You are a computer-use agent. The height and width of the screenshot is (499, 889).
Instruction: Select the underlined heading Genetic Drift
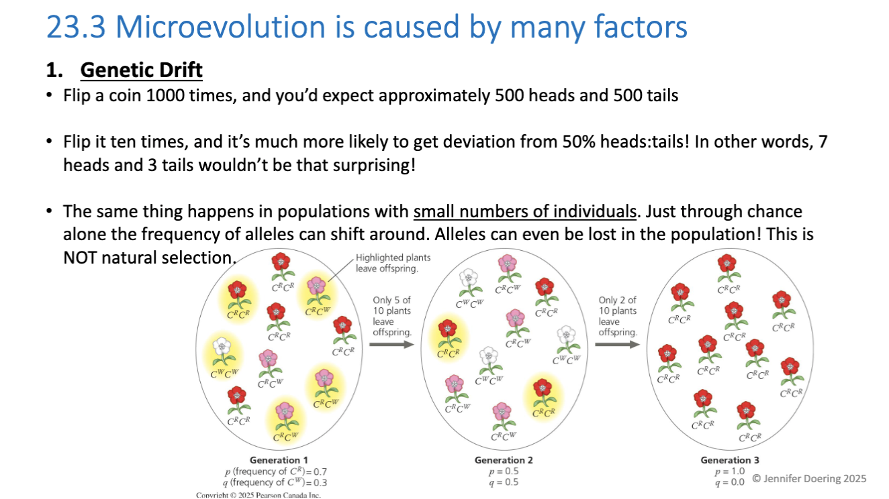141,70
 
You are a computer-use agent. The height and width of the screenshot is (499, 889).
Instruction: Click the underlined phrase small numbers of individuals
524,212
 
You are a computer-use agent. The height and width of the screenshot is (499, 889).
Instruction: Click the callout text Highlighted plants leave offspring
393,263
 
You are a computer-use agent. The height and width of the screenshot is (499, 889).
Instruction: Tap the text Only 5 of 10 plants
392,306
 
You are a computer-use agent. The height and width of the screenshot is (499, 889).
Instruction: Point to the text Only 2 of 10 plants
617,306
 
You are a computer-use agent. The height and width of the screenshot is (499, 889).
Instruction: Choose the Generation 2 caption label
504,460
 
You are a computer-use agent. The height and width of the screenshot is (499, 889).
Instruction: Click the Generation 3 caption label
729,460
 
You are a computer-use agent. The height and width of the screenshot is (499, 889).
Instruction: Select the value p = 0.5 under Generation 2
504,471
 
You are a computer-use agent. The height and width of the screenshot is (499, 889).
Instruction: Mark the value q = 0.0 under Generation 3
729,482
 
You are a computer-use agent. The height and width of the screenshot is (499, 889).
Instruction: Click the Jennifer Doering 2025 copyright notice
808,479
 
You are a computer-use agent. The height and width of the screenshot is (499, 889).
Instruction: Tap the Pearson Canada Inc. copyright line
259,495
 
